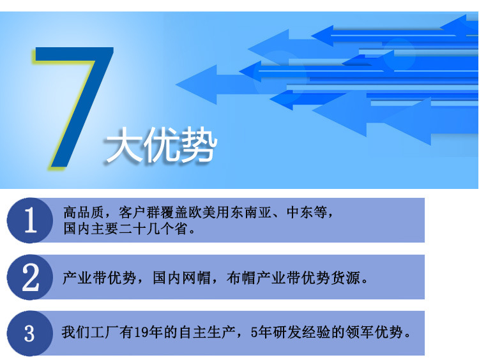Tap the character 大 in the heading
point(123,147)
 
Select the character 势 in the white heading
point(197,147)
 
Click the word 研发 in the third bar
point(284,333)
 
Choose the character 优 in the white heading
point(160,147)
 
